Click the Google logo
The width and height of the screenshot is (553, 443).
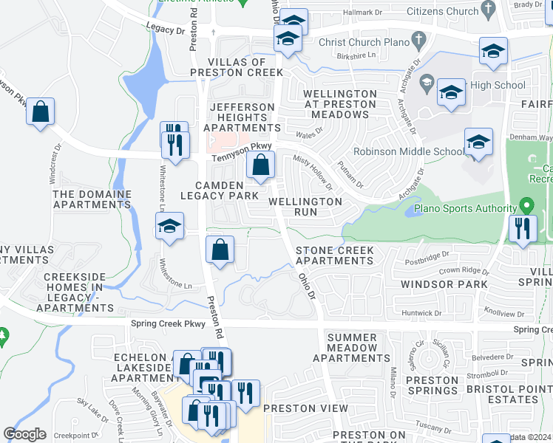(x=24, y=434)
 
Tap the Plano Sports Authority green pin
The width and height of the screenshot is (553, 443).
(x=526, y=205)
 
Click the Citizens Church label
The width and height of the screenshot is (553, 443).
(x=444, y=10)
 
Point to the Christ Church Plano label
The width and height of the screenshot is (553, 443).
(x=364, y=42)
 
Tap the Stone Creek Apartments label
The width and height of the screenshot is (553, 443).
(x=334, y=255)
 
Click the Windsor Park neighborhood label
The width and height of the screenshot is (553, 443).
(x=444, y=284)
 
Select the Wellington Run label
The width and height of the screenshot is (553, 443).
(x=305, y=206)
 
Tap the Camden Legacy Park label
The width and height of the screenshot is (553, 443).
(x=227, y=190)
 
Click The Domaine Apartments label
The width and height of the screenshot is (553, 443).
(x=92, y=199)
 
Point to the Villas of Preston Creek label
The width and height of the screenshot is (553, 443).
(x=236, y=67)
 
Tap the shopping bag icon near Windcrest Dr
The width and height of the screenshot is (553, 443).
(x=41, y=113)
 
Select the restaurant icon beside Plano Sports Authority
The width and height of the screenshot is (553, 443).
(x=523, y=228)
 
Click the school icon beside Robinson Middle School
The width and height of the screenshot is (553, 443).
(x=478, y=142)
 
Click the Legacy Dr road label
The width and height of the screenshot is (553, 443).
(x=165, y=29)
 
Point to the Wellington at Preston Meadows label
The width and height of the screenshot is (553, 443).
(x=340, y=104)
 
